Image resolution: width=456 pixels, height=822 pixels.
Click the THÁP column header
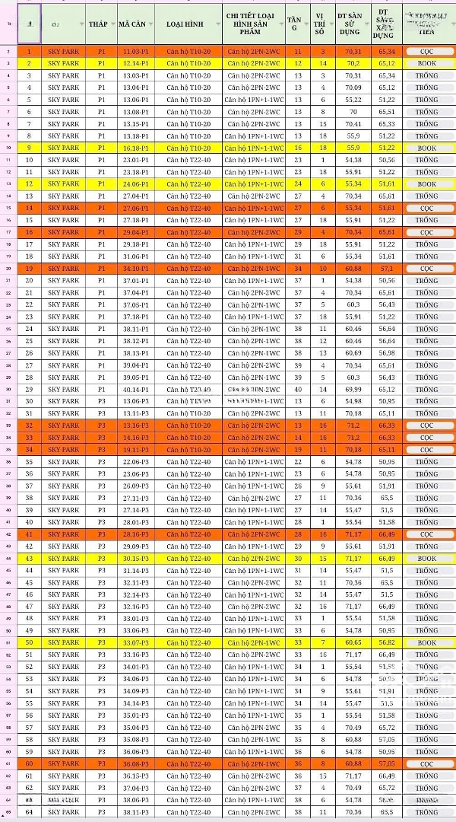[97, 24]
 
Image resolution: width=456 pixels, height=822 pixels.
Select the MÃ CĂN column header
[135, 24]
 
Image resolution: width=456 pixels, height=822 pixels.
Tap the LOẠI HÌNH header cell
[188, 24]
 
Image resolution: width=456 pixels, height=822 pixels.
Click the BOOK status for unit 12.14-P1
[426, 63]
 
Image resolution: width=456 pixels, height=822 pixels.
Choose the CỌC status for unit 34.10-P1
[426, 269]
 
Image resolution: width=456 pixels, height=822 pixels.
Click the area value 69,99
[353, 390]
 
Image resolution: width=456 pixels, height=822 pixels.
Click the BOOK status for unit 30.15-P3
[426, 559]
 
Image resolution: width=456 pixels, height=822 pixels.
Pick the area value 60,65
[353, 643]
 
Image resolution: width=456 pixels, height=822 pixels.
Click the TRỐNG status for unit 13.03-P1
[426, 75]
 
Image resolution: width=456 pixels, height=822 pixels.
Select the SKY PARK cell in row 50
[63, 643]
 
